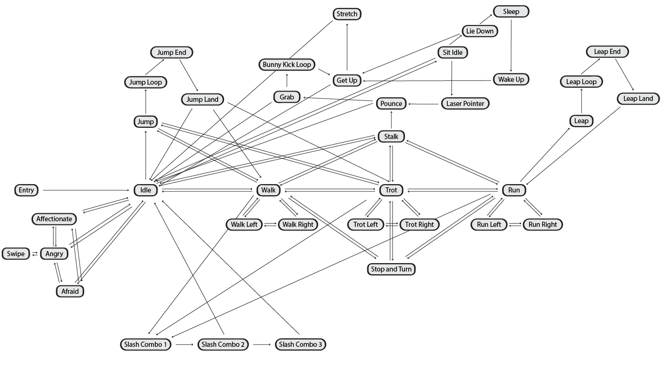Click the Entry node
pyautogui.click(x=27, y=190)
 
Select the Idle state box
pyautogui.click(x=146, y=190)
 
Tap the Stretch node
pyautogui.click(x=347, y=14)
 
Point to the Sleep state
pyautogui.click(x=511, y=12)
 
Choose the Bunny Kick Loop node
pyautogui.click(x=287, y=65)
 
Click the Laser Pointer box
pyautogui.click(x=465, y=104)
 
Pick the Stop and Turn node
pyautogui.click(x=391, y=269)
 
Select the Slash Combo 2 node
pyautogui.click(x=223, y=344)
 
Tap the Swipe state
pyautogui.click(x=16, y=254)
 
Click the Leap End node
pyautogui.click(x=607, y=52)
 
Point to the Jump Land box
pyautogui.click(x=202, y=99)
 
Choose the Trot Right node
pyautogui.click(x=419, y=225)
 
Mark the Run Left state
pyautogui.click(x=489, y=225)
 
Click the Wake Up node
pyautogui.click(x=511, y=79)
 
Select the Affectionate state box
pyautogui.click(x=54, y=219)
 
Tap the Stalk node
pyautogui.click(x=391, y=137)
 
